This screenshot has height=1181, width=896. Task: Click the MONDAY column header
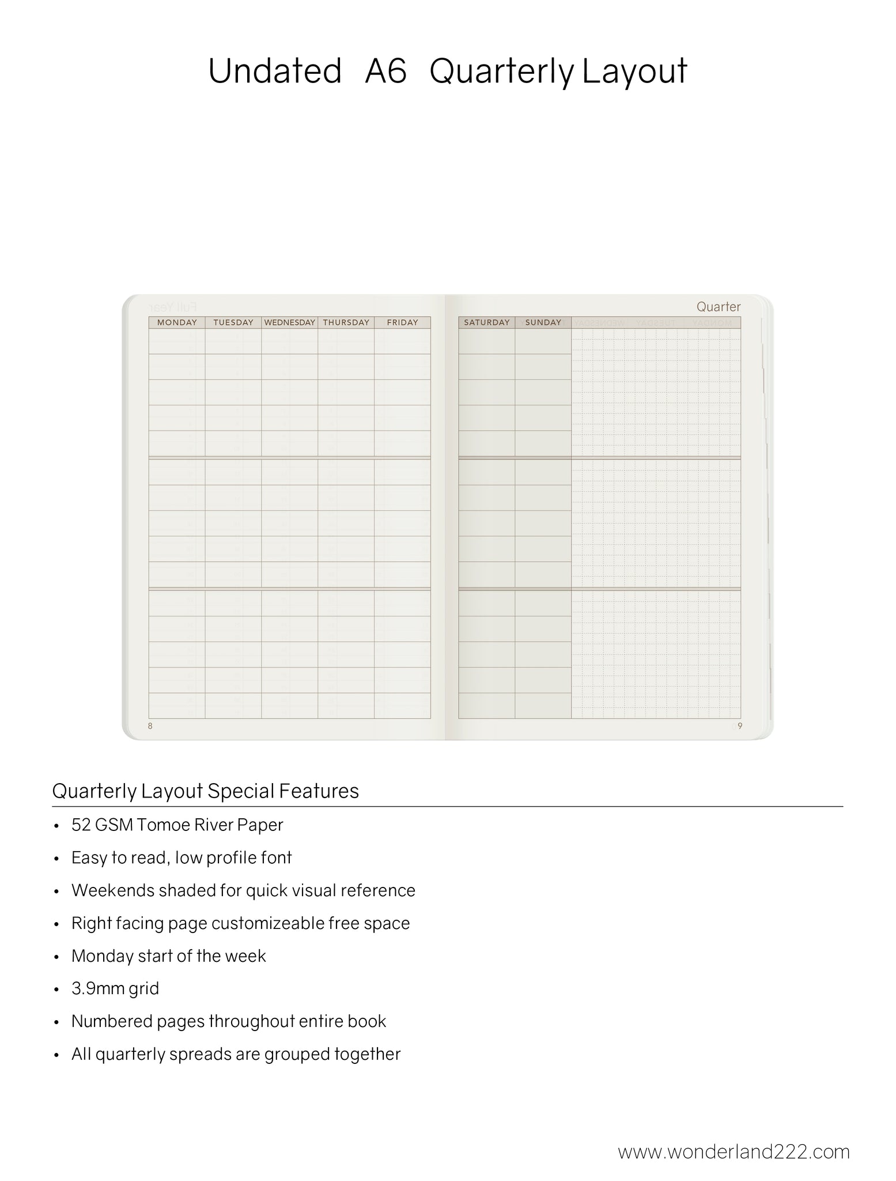177,322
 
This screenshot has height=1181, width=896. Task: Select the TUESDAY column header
233,322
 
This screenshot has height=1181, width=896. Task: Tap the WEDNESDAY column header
290,322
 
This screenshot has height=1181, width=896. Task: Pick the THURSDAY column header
346,322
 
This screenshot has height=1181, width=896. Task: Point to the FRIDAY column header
402,322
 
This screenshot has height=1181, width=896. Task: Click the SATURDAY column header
487,322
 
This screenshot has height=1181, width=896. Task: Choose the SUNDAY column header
543,322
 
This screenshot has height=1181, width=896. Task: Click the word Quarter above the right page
718,307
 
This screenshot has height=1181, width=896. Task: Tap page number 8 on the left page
150,726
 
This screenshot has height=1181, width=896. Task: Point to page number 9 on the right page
740,726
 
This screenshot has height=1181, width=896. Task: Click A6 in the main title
385,72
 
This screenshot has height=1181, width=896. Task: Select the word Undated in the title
275,72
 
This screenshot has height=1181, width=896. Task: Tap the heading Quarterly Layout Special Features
205,791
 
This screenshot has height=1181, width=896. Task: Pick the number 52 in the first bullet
81,825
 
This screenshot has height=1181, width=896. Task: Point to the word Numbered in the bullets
109,1021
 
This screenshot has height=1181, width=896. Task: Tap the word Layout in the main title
634,72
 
